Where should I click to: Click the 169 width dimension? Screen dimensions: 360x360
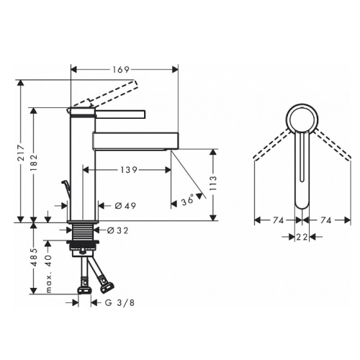pyautogui.click(x=121, y=70)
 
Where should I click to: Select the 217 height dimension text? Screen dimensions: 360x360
pyautogui.click(x=21, y=153)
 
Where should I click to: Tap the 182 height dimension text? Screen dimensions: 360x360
pyautogui.click(x=34, y=162)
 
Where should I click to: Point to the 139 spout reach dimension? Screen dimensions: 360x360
pyautogui.click(x=129, y=170)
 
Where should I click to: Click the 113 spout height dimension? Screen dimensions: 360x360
pyautogui.click(x=213, y=183)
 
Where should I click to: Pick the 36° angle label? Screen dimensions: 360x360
pyautogui.click(x=188, y=200)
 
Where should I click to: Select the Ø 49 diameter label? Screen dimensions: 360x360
pyautogui.click(x=125, y=206)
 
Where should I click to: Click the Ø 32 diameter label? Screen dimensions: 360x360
pyautogui.click(x=118, y=230)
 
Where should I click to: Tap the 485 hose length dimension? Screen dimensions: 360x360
pyautogui.click(x=35, y=257)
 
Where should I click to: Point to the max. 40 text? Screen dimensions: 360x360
pyautogui.click(x=48, y=274)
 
